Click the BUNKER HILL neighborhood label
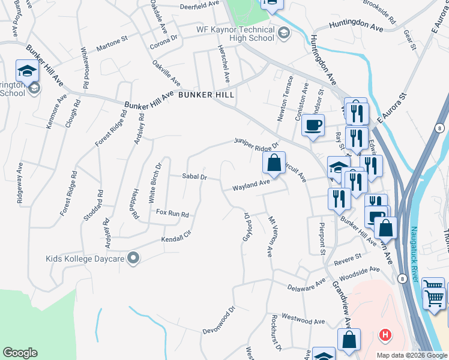204,95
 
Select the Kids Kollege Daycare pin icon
133,259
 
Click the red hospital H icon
385,335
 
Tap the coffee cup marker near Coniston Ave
313,125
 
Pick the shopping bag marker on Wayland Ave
274,163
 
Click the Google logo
20,353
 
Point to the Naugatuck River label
414,254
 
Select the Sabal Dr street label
194,177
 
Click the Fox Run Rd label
172,214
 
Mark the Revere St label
348,257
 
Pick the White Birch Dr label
155,182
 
